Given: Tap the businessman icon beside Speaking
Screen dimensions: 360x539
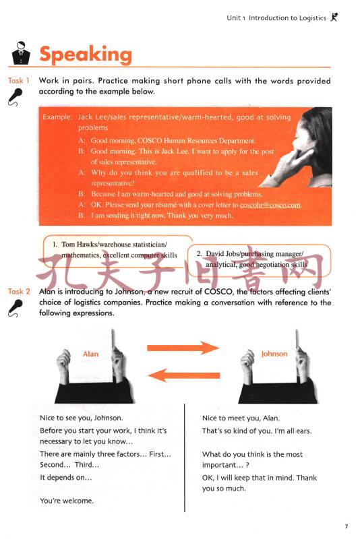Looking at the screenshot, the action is (21, 53).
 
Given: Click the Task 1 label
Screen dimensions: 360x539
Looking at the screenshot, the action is (19, 81).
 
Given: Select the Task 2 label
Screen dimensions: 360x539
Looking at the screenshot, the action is (19, 292).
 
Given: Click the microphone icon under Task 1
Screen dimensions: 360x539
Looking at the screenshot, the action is (15, 97).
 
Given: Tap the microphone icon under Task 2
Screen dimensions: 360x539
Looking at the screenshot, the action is (15, 308).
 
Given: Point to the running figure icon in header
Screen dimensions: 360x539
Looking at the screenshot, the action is (334, 17).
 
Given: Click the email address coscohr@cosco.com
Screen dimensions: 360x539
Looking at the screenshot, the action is (270, 205).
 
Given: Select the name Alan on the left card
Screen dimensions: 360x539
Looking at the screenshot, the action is (90, 354).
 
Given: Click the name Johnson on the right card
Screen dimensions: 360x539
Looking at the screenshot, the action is (274, 354).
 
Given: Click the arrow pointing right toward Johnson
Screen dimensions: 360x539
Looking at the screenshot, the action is (183, 348).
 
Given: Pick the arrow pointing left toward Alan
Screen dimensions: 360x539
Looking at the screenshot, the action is (183, 375).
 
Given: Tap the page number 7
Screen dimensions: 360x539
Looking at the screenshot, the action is (347, 526).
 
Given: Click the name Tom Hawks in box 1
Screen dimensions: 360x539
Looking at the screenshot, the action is (80, 245).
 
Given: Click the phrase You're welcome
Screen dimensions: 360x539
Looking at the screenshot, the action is (67, 501).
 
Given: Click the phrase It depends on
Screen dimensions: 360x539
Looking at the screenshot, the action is (65, 478).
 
